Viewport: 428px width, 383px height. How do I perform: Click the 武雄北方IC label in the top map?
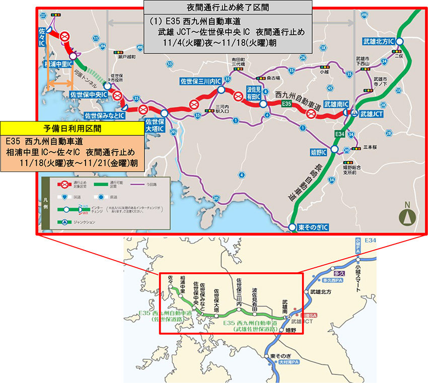coord(378,42)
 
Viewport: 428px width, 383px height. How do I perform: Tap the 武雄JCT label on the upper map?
coord(372,114)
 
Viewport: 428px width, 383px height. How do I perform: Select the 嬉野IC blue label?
coord(316,150)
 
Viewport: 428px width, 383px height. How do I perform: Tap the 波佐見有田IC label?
coord(253,93)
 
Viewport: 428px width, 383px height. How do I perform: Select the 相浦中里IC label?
coord(56,64)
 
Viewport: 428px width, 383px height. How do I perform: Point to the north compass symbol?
coord(407,215)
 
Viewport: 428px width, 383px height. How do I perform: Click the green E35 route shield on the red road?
coord(287,103)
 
